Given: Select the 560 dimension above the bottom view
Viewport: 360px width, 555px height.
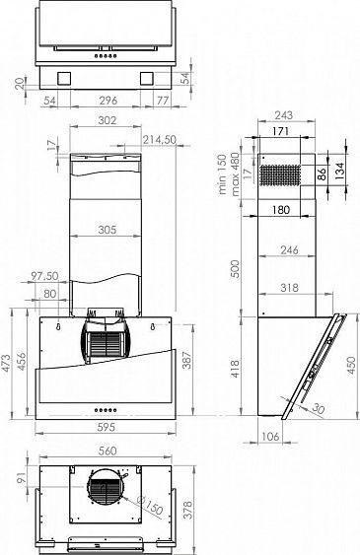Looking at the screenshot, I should click(108, 450).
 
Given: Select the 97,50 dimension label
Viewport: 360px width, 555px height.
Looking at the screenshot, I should click(45, 276).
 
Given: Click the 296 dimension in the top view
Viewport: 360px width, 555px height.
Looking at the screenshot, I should click(108, 101).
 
